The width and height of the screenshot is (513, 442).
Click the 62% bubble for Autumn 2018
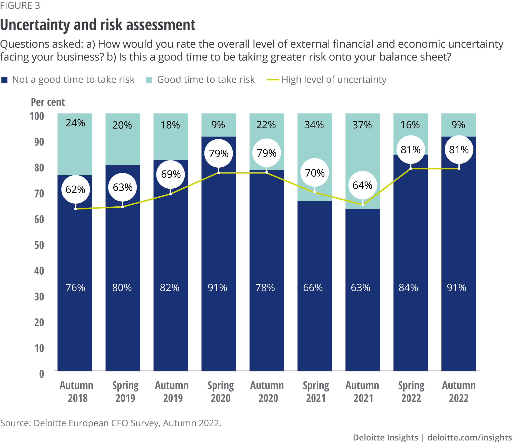[x=75, y=189]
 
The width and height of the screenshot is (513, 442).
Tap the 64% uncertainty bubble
[x=362, y=185]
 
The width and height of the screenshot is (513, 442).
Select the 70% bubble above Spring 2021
[x=315, y=173]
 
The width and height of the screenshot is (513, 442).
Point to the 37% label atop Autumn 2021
[x=362, y=125]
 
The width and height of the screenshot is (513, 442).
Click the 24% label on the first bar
[x=75, y=123]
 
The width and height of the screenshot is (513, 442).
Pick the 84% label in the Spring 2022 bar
[x=408, y=287]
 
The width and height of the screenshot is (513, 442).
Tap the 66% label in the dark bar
[x=313, y=287]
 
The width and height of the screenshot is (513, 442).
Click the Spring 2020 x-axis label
[x=221, y=392]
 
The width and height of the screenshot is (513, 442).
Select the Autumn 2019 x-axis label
[x=172, y=392]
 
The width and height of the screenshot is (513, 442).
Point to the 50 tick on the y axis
[x=39, y=245]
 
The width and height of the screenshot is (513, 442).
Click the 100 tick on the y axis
[x=37, y=116]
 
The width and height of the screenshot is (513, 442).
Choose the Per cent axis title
[x=48, y=102]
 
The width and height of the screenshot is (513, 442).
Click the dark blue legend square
[x=4, y=80]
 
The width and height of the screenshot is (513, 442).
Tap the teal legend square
[x=149, y=80]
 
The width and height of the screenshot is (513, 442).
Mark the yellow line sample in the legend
[x=273, y=80]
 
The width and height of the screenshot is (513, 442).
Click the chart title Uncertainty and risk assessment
[x=98, y=25]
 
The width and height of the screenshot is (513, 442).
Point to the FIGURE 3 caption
[x=20, y=5]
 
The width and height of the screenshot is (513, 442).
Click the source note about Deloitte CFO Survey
[x=111, y=423]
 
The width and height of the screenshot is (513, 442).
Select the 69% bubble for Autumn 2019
[x=171, y=174]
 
